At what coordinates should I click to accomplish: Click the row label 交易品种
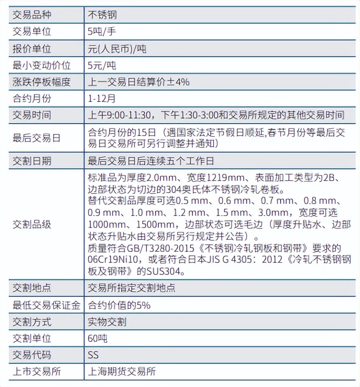(32, 15)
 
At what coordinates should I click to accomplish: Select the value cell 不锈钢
(102, 15)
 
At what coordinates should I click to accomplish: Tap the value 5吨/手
(101, 32)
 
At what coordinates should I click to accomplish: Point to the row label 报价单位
(32, 49)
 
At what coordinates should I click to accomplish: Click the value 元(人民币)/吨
(117, 49)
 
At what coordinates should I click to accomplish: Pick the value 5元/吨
(101, 66)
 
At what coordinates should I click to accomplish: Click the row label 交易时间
(32, 115)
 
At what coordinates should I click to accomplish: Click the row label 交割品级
(32, 225)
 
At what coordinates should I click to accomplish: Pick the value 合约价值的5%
(119, 305)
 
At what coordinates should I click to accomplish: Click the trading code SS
(93, 355)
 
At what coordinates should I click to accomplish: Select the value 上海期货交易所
(122, 372)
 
